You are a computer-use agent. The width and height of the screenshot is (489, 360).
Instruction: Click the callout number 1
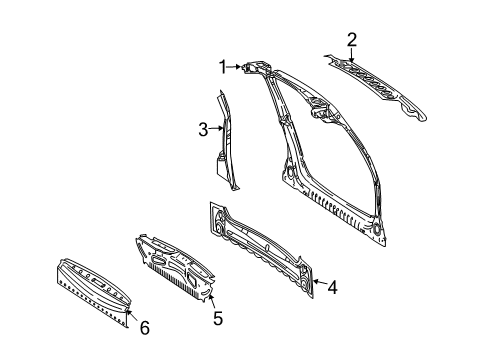(223, 67)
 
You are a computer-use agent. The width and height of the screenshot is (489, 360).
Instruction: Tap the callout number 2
(352, 40)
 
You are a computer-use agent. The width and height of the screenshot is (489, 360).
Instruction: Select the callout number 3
(203, 129)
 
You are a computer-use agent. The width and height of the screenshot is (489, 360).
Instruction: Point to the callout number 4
(332, 287)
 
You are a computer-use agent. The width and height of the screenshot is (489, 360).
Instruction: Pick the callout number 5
(218, 318)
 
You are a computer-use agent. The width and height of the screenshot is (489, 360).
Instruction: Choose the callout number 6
(145, 328)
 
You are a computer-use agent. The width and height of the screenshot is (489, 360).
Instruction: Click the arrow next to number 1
(234, 67)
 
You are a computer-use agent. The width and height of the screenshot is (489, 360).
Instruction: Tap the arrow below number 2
(351, 55)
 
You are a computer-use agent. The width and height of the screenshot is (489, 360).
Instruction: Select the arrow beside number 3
(216, 128)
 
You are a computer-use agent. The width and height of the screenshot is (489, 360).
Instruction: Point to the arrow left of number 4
(320, 283)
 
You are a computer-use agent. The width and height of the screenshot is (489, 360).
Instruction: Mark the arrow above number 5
(212, 302)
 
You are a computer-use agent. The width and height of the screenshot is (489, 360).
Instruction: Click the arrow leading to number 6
(132, 315)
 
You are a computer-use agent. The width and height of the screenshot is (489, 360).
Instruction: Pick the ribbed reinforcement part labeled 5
(175, 267)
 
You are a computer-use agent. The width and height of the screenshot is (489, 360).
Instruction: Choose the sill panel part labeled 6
(93, 290)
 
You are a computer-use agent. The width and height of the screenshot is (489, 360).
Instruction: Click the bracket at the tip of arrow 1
(256, 66)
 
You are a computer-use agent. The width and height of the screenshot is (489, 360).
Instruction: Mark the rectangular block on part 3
(221, 166)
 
